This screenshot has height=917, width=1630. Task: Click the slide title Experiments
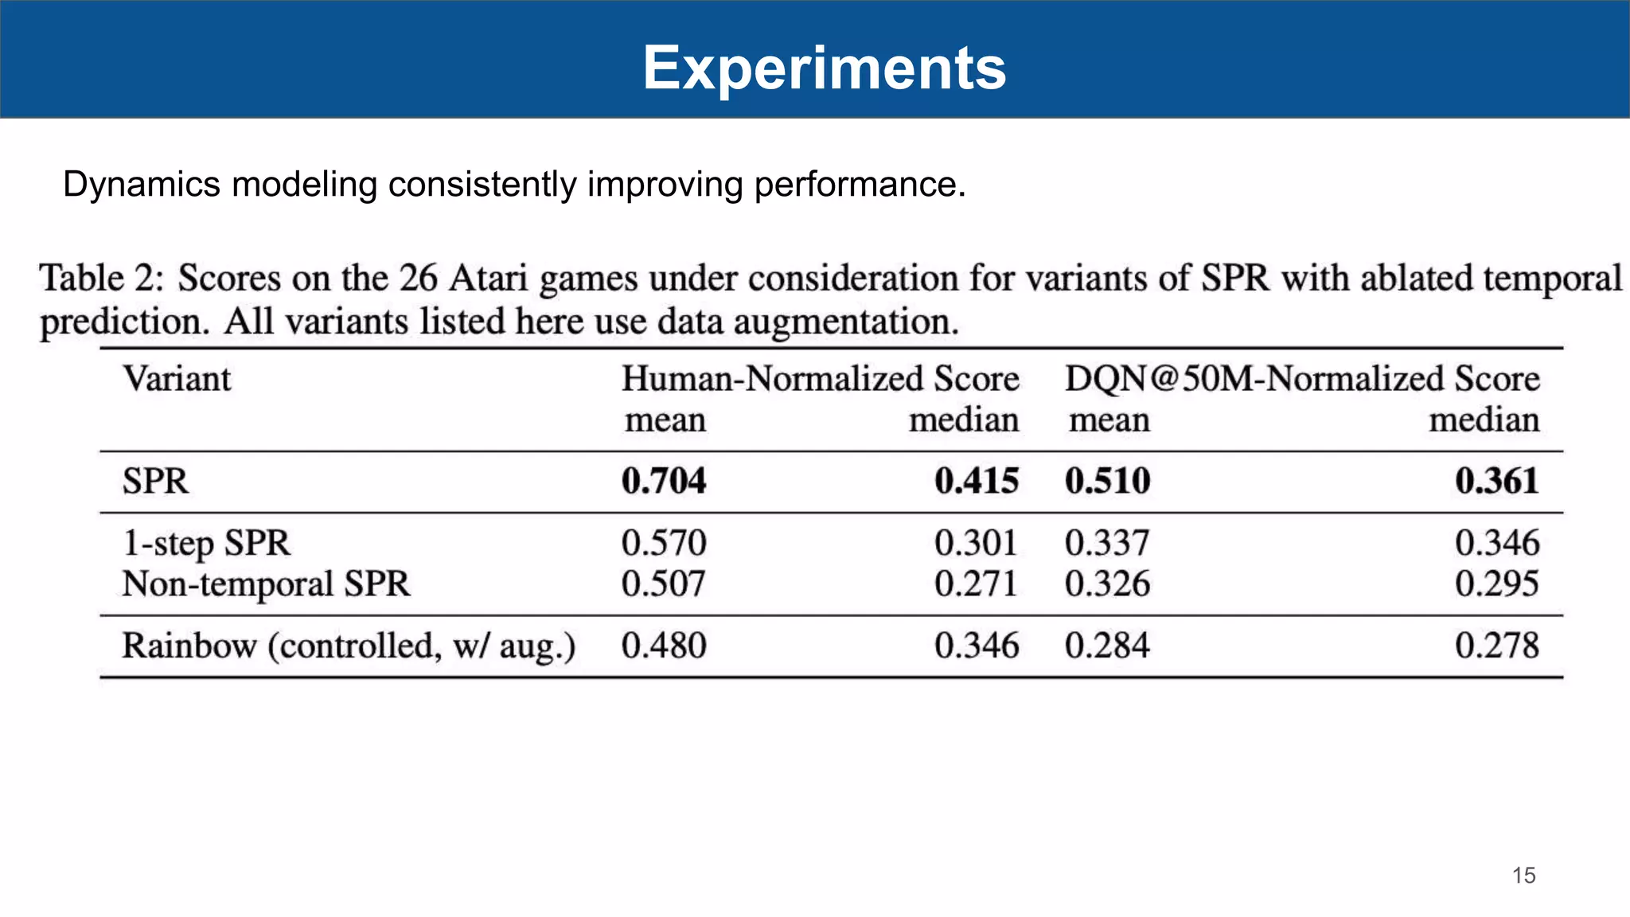click(824, 68)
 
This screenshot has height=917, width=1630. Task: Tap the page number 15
click(1523, 876)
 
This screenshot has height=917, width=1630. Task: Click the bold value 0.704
click(664, 482)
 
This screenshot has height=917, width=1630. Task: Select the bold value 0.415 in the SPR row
click(977, 482)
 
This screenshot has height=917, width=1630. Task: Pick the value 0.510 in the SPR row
click(1107, 482)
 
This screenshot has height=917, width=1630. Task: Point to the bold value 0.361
click(1497, 482)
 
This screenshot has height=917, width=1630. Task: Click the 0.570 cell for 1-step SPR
click(664, 544)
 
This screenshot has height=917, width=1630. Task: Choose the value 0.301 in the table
click(977, 544)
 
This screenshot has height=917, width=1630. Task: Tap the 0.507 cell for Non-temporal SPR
click(664, 584)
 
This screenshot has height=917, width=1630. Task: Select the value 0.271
click(977, 584)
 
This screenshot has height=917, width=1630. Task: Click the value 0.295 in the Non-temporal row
click(1497, 584)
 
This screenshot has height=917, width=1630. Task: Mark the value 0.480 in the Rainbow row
click(664, 646)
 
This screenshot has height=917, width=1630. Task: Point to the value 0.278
click(1497, 646)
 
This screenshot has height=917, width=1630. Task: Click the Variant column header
click(177, 379)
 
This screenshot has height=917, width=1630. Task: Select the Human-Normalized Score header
click(820, 379)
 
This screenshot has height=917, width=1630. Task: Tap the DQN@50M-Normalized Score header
click(1302, 379)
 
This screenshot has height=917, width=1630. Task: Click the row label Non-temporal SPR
click(266, 584)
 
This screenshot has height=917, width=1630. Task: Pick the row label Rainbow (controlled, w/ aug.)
click(349, 646)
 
